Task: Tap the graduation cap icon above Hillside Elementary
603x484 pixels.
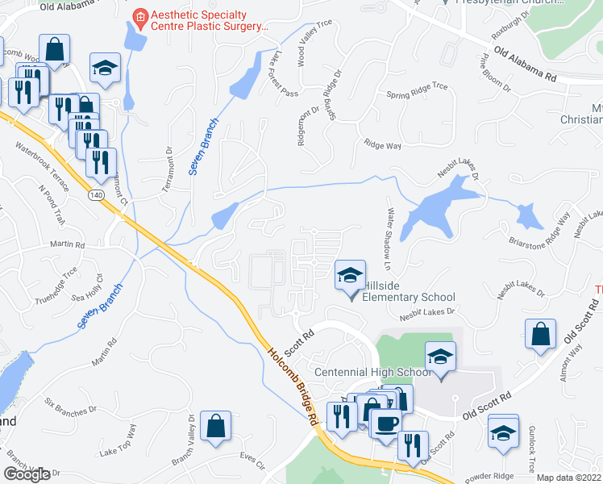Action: [351, 276]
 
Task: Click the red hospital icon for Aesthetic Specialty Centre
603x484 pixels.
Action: [141, 16]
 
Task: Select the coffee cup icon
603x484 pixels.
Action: [386, 423]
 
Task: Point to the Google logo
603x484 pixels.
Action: [27, 474]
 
